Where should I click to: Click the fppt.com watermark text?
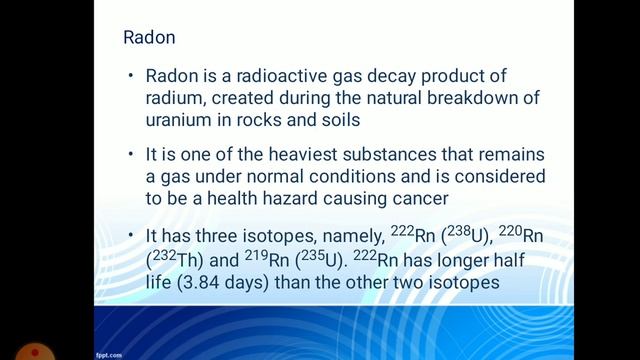tap(109, 354)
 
